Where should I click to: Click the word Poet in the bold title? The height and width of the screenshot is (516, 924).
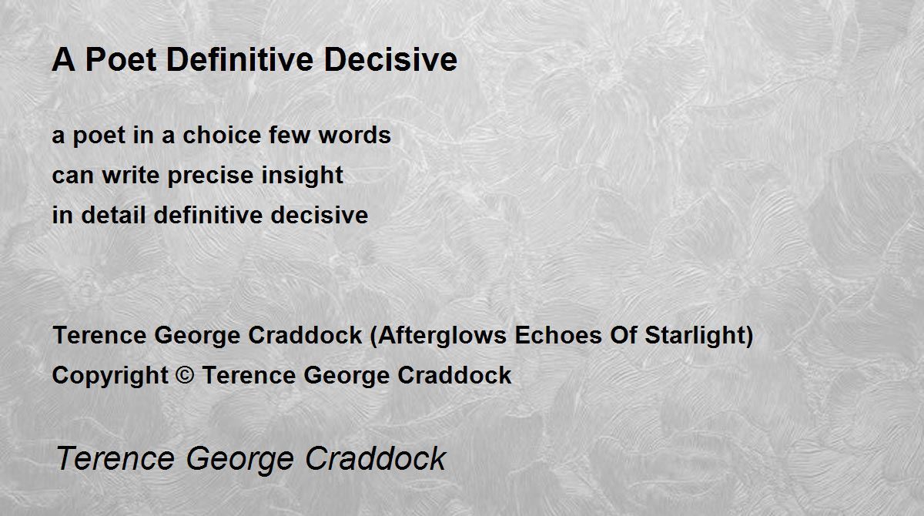point(121,60)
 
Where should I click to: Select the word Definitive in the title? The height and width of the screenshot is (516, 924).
point(239,60)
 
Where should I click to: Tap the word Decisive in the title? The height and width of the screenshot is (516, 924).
point(390,60)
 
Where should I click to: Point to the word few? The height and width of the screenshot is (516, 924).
point(290,135)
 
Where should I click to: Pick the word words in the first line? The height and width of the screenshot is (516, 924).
point(354,135)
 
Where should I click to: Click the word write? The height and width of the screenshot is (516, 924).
point(131,175)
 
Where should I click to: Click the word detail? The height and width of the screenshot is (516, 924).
point(113,215)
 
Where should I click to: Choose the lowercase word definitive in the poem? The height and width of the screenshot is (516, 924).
point(208,215)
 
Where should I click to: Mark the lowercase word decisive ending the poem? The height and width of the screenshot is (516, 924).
point(320,215)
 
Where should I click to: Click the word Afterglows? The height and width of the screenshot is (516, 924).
point(442,335)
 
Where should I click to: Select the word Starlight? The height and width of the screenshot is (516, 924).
point(695,336)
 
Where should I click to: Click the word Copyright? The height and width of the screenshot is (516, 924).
point(110,376)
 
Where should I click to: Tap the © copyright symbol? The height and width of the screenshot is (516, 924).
point(184,375)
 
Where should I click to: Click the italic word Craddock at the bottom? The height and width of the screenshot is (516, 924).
point(376,458)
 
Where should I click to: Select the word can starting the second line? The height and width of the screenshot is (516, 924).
point(72,176)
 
